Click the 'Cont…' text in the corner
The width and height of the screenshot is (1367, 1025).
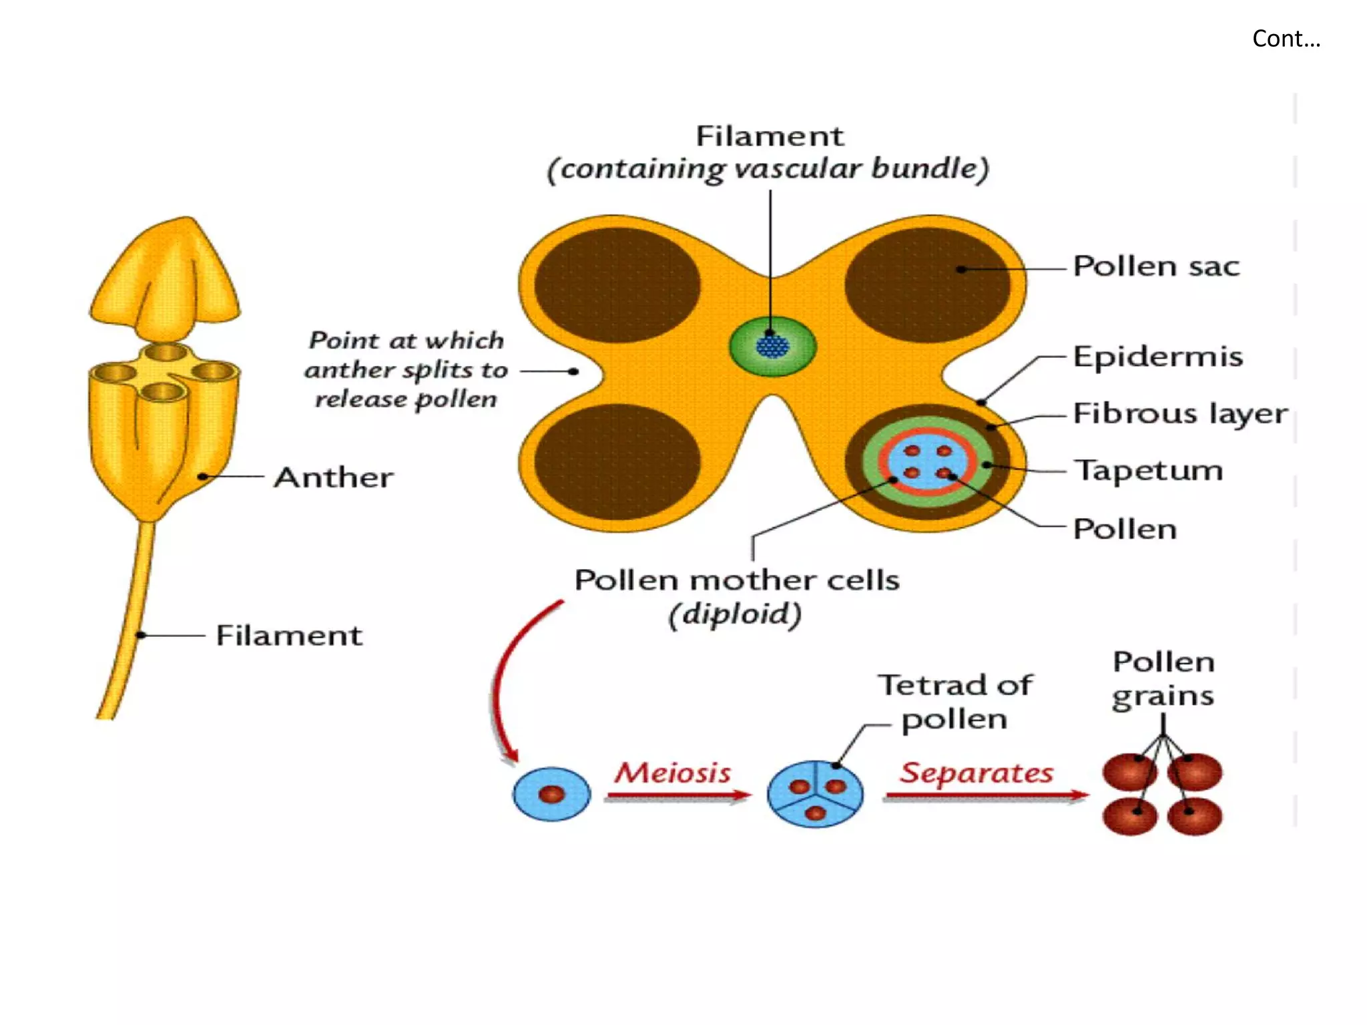coord(1286,39)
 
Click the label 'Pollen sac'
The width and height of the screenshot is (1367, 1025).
coord(1156,266)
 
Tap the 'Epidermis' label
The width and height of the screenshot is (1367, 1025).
coord(1157,357)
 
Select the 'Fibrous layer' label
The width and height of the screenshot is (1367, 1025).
coord(1179,413)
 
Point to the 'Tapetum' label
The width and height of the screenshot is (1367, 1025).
coord(1148,470)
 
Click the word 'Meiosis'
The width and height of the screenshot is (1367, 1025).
coord(673,773)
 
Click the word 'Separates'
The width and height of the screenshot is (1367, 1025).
coord(976,773)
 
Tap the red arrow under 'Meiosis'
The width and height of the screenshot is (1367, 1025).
coord(677,795)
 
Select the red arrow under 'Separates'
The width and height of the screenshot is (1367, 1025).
coord(985,795)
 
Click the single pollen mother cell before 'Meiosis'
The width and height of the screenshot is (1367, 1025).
coord(551,794)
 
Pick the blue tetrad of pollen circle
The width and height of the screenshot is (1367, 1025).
coord(815,794)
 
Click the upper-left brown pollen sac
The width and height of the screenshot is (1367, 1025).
coord(617,285)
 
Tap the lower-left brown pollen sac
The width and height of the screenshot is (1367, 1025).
coord(617,461)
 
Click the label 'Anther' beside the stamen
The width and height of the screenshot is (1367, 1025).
coord(334,477)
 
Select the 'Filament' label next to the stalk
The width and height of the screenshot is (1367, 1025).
coord(289,635)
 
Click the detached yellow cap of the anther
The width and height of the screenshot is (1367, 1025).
coord(166,277)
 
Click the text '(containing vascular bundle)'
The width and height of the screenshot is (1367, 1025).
coord(768,169)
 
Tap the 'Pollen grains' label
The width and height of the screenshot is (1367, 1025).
coord(1163,678)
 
